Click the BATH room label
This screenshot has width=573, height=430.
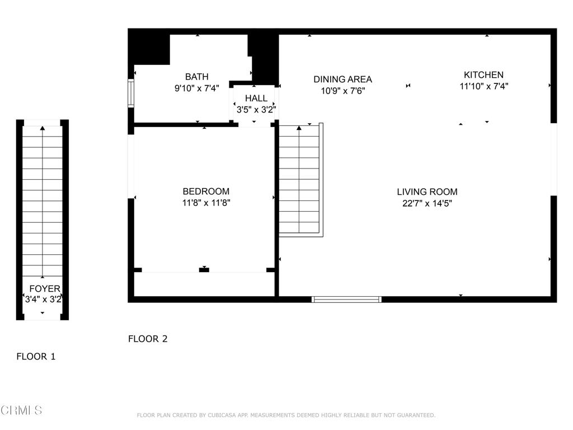pos(197,77)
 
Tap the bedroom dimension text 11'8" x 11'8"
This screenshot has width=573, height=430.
pos(206,203)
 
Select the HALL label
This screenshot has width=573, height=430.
pos(256,99)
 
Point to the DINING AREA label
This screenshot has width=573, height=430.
pos(342,80)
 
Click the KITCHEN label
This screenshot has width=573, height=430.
pos(483,74)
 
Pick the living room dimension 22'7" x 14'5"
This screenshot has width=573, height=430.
pos(427,203)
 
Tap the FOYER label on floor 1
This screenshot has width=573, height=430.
pos(45,289)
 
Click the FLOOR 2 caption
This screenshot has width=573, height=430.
pos(148,339)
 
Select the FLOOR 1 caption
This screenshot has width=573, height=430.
pos(36,356)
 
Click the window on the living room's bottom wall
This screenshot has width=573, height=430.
pos(346,300)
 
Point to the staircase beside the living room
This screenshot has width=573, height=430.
pos(299,179)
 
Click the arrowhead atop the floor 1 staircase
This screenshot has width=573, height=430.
pos(43,129)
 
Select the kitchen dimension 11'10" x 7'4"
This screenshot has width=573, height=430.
pos(483,86)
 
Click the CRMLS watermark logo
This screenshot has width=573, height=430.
pos(21,410)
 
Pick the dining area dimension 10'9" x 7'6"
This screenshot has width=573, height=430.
pos(342,91)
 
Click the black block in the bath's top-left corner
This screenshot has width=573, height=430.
pos(149,48)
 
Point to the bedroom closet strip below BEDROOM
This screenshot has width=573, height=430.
pos(204,284)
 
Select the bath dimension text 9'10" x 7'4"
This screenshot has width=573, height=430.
pos(197,88)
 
